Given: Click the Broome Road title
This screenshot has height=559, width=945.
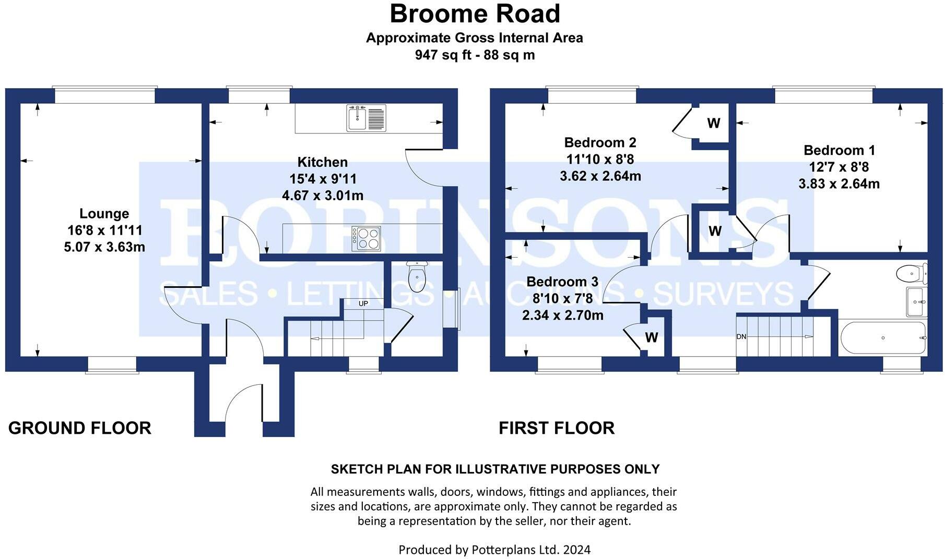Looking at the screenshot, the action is click(475, 14).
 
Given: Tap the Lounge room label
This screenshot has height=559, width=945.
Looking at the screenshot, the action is click(104, 213).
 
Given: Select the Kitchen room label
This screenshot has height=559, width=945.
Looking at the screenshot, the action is click(322, 162).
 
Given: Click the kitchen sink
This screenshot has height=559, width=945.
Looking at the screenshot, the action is click(367, 118).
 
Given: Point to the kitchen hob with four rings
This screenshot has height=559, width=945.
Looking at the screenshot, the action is click(366, 239).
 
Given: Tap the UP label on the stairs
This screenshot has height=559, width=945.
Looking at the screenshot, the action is click(363, 303).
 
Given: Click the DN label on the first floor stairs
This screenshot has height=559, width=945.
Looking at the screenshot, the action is click(741, 337).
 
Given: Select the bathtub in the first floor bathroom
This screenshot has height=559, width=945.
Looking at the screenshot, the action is click(883, 338).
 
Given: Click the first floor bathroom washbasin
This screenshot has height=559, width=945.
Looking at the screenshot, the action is click(916, 302).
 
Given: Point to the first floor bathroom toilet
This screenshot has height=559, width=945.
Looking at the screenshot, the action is click(911, 273).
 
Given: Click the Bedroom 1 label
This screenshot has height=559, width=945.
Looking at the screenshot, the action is click(839, 150).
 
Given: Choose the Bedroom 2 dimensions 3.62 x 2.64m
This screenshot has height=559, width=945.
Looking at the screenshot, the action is click(600, 176).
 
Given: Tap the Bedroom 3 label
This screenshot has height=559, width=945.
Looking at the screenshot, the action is click(562, 282).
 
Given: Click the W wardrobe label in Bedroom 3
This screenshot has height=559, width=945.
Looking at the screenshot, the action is click(651, 338).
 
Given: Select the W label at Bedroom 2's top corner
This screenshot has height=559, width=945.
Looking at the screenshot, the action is click(713, 123).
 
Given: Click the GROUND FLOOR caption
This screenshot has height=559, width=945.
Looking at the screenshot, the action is click(80, 428).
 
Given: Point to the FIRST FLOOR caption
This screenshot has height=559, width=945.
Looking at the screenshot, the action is click(557, 428).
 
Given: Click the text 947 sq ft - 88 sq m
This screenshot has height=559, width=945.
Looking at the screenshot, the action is click(475, 55).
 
